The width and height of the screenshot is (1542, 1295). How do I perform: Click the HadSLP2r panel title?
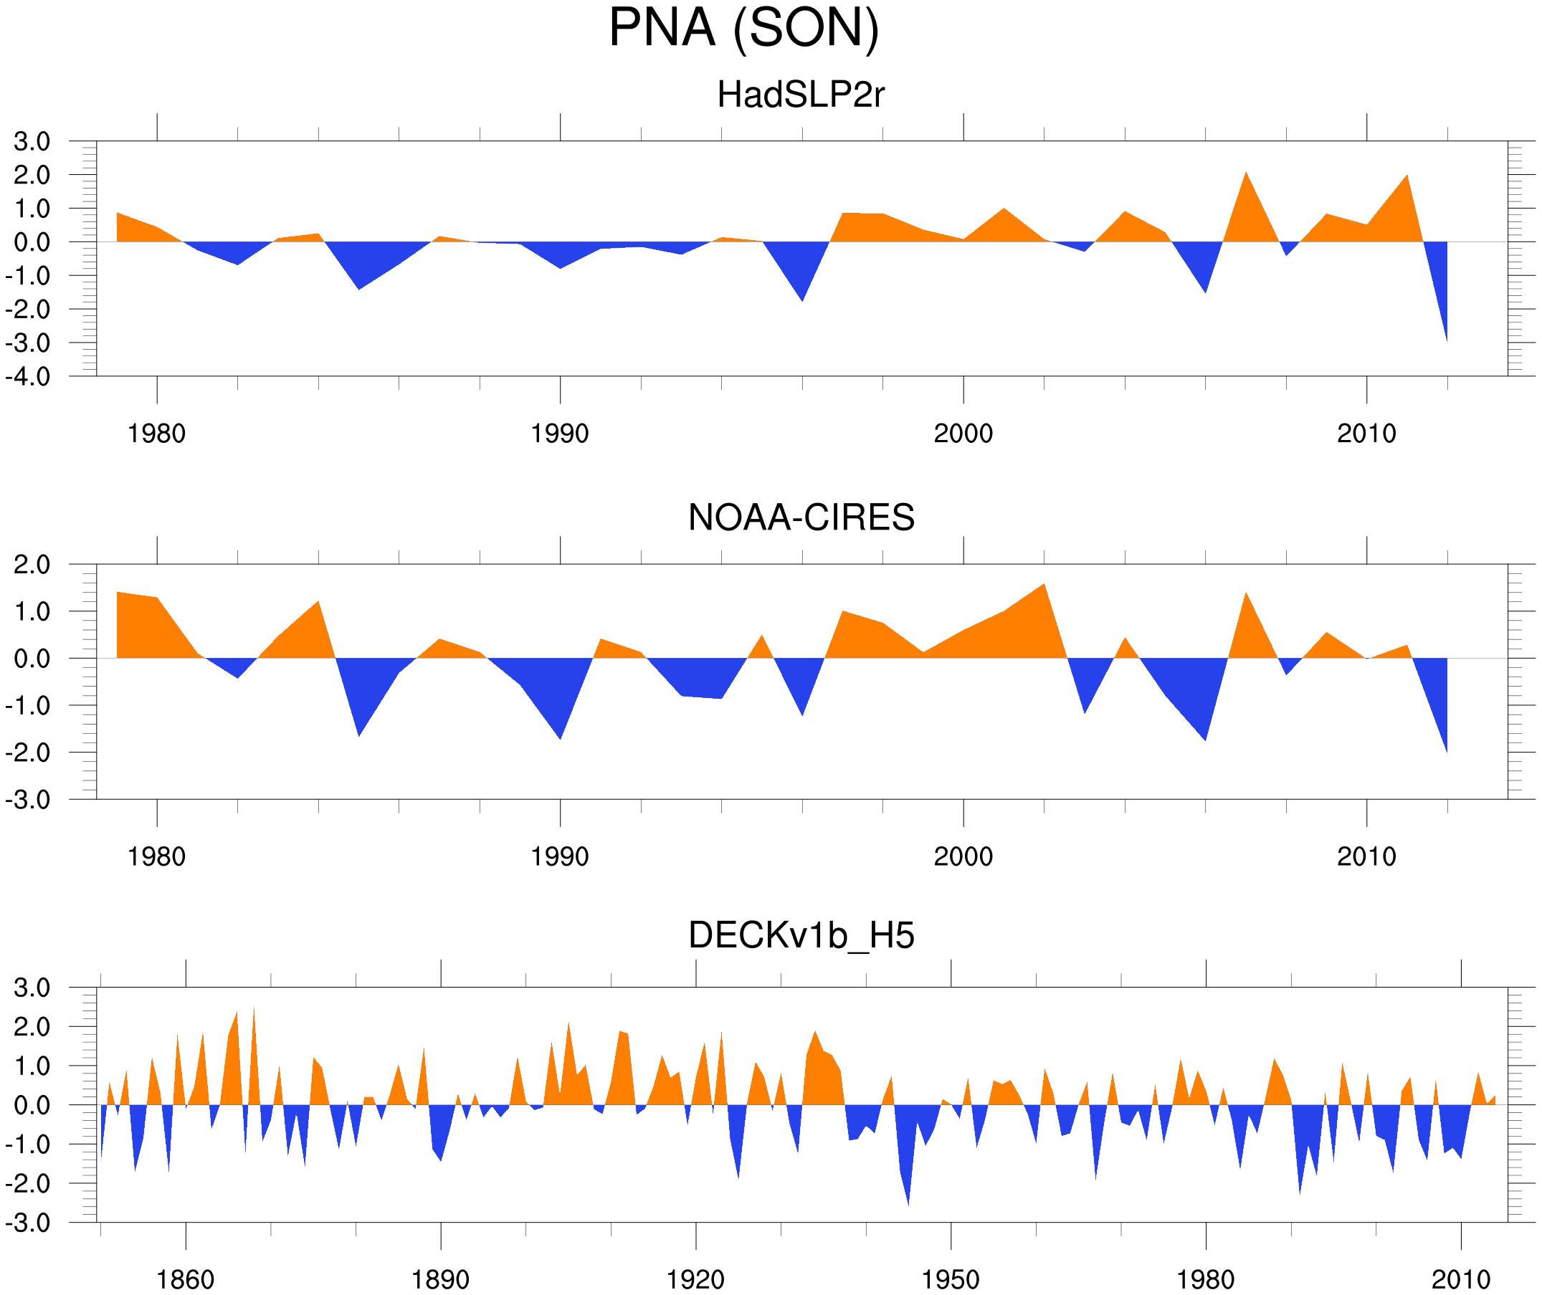pos(800,95)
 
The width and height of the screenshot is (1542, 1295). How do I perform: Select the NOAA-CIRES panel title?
pos(801,517)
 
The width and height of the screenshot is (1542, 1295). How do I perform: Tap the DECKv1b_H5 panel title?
pos(801,936)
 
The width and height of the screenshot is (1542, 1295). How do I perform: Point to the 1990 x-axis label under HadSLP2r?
pos(560,434)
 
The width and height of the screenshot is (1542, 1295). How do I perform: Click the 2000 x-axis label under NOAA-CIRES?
pos(963,856)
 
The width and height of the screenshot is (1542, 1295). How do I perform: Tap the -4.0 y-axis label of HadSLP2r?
pos(28,378)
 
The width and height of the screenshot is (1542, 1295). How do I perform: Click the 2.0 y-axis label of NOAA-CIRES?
pos(32,565)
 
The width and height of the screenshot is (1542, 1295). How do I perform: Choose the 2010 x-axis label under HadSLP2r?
pos(1366,434)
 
